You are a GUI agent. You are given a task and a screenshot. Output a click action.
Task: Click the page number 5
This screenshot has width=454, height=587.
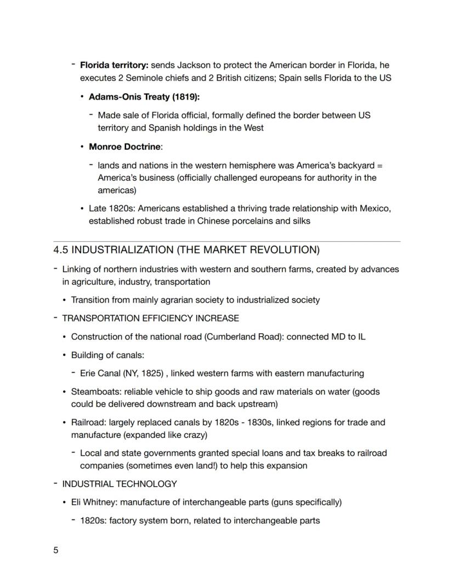point(55,550)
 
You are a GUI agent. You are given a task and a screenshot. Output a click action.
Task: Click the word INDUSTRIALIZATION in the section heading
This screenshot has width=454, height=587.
point(123,250)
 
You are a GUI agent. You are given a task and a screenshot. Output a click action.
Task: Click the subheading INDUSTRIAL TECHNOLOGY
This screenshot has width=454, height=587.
point(120,484)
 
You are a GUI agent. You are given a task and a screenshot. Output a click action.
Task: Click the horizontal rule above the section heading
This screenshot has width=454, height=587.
point(226,241)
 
